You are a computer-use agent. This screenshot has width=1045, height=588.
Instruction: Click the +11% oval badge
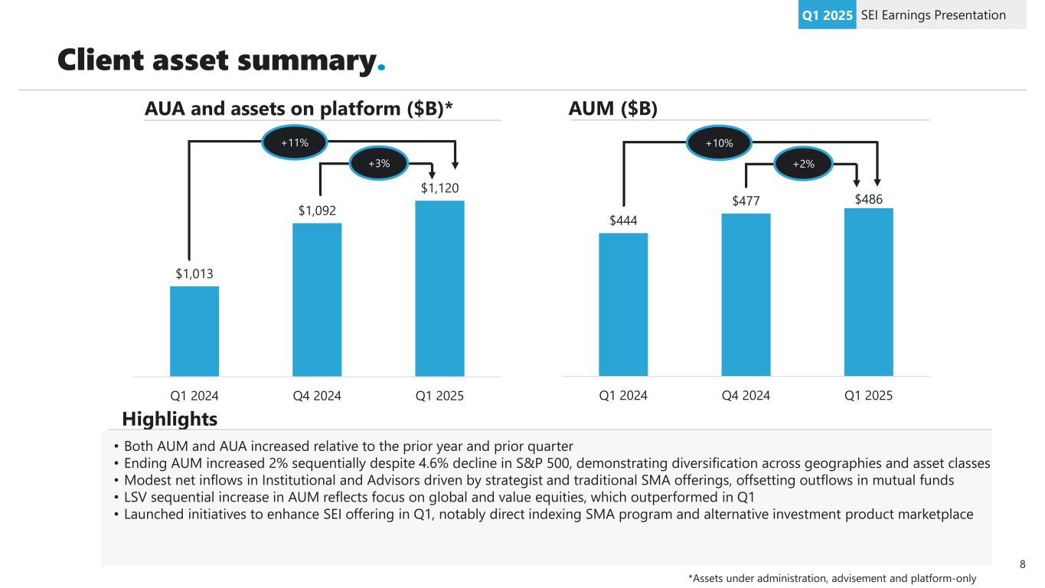click(x=295, y=142)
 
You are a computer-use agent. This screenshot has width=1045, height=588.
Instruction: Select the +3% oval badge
click(x=379, y=162)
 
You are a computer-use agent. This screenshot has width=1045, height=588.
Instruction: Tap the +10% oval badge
click(x=720, y=142)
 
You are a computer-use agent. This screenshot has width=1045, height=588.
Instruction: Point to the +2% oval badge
click(x=804, y=162)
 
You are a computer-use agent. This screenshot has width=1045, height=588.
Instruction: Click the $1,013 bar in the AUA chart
click(x=194, y=331)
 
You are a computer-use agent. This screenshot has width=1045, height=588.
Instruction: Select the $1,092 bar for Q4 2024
click(x=317, y=299)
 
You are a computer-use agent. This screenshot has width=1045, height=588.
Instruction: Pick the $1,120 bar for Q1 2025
click(x=439, y=288)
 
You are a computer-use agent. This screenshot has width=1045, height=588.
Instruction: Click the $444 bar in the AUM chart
click(x=623, y=304)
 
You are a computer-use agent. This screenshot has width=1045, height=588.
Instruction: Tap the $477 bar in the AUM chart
click(x=746, y=294)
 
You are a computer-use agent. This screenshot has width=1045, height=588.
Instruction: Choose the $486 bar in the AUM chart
click(x=868, y=292)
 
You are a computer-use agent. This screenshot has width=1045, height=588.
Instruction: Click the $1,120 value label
click(x=439, y=188)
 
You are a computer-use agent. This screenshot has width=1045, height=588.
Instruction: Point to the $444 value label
click(x=623, y=220)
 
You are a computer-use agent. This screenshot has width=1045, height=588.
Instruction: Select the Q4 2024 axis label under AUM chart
click(x=746, y=396)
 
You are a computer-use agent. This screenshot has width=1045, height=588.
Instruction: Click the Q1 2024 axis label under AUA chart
click(x=194, y=396)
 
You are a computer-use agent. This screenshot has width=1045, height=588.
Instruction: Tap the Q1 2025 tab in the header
click(x=827, y=15)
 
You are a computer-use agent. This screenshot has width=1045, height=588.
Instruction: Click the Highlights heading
click(x=170, y=419)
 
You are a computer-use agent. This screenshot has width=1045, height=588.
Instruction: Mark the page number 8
click(x=1023, y=565)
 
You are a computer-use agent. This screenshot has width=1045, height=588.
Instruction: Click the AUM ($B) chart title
click(x=612, y=109)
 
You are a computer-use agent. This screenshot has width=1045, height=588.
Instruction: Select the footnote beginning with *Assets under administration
click(x=832, y=578)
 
